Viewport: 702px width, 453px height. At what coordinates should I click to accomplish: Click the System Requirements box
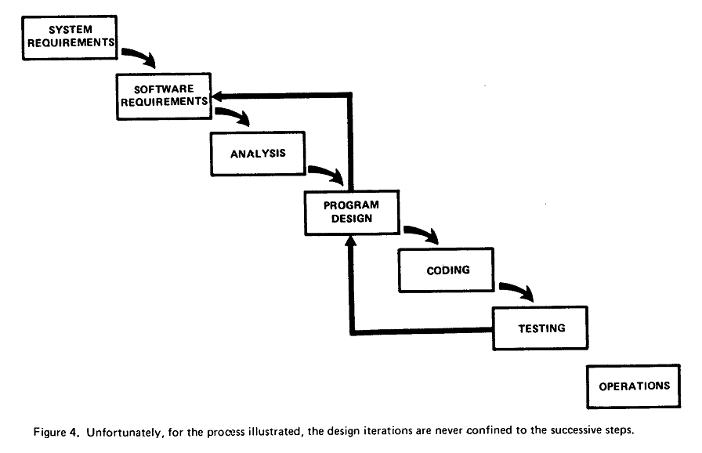click(x=70, y=38)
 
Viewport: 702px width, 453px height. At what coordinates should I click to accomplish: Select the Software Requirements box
click(x=164, y=96)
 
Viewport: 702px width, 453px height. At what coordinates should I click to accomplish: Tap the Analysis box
click(x=259, y=154)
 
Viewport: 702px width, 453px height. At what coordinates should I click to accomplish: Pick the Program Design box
click(x=352, y=212)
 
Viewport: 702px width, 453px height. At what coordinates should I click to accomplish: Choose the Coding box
click(x=447, y=270)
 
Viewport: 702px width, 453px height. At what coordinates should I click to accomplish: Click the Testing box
click(x=541, y=328)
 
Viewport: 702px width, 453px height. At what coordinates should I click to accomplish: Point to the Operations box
click(x=634, y=386)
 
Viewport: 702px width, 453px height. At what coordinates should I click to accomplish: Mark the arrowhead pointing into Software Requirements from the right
click(x=217, y=96)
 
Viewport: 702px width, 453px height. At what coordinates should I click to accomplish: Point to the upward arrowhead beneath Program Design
click(x=352, y=241)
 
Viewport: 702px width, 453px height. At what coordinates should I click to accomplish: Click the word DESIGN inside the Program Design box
click(x=352, y=219)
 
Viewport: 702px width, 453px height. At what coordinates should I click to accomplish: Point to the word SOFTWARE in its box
click(x=164, y=89)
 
